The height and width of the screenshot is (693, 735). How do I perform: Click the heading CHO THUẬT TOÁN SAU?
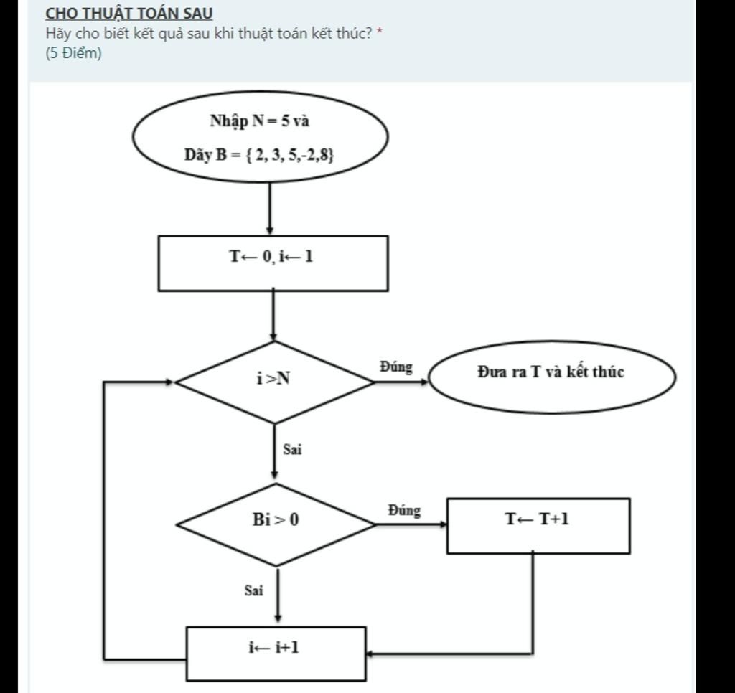coord(129,14)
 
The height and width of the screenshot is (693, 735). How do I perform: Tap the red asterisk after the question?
coord(380,32)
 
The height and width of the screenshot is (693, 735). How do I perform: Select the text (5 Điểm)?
coord(74,53)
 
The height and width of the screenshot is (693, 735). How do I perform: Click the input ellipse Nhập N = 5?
coord(260,136)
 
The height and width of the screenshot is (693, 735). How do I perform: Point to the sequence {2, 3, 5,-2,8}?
coord(289,154)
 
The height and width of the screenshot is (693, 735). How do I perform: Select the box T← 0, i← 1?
coord(273,263)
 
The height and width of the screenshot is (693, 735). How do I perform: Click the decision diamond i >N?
coord(275,382)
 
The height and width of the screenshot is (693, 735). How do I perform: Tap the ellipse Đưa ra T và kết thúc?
coord(552,377)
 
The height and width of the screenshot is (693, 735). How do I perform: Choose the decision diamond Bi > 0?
coord(276,525)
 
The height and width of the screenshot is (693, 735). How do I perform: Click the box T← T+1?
coord(538,526)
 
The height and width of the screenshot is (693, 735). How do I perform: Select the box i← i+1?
coord(276,654)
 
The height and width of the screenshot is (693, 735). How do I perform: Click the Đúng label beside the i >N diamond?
coord(396,367)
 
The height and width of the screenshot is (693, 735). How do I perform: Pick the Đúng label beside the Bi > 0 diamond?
coord(404,510)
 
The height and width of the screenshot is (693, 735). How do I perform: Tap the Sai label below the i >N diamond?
coord(292,449)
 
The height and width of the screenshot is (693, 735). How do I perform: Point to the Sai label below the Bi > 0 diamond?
coord(253,590)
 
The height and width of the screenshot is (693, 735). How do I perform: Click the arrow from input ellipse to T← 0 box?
coord(270,209)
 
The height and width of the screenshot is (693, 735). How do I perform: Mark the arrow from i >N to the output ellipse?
coord(402,382)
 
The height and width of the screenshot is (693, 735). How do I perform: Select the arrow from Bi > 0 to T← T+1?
coord(411,525)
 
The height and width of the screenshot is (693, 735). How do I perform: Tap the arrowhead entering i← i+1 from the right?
coord(370,654)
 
